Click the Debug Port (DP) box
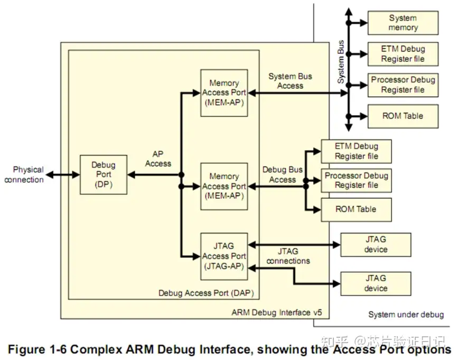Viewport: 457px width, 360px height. point(104,174)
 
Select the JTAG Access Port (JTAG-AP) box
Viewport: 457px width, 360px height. point(224,256)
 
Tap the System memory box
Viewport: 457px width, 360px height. point(403,23)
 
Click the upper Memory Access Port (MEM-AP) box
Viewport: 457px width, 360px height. point(224,93)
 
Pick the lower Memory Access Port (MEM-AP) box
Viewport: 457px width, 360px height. point(224,186)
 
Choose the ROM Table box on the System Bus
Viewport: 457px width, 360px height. point(403,116)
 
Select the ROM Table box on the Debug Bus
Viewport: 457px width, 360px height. point(356,209)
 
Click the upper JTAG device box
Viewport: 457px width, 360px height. point(376,244)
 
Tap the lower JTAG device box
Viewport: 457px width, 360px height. point(376,283)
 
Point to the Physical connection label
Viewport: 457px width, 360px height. point(24,174)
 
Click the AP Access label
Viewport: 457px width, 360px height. point(158,159)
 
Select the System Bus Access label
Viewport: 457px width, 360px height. point(290,81)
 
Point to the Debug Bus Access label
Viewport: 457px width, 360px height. point(283,174)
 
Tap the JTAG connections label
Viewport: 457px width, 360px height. point(288,256)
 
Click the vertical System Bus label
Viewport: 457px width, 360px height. point(340,62)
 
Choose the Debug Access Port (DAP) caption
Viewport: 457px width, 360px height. point(206,293)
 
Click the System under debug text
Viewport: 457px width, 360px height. point(406,315)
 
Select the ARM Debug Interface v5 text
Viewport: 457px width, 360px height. point(277,312)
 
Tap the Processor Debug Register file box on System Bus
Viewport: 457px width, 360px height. point(403,85)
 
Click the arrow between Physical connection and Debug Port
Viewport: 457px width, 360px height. point(63,175)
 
